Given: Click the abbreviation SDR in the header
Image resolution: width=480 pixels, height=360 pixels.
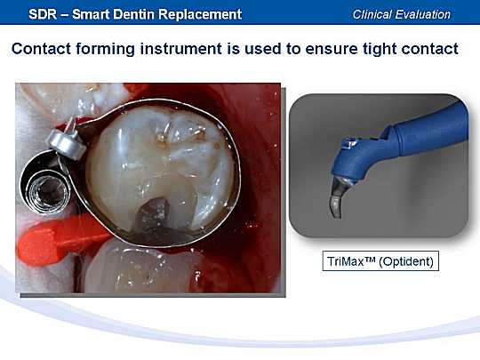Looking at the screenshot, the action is (x=43, y=14).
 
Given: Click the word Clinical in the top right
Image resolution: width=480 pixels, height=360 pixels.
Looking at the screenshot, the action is (x=372, y=14).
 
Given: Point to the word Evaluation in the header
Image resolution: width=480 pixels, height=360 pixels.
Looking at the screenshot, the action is (x=422, y=14).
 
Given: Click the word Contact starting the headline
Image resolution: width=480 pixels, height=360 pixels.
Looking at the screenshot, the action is (x=41, y=49).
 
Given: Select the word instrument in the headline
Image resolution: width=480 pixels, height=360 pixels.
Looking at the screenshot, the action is (x=181, y=49).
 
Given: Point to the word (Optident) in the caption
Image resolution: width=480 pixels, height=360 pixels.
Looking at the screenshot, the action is (x=406, y=261).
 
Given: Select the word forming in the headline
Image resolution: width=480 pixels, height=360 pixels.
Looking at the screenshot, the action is (x=106, y=50).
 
